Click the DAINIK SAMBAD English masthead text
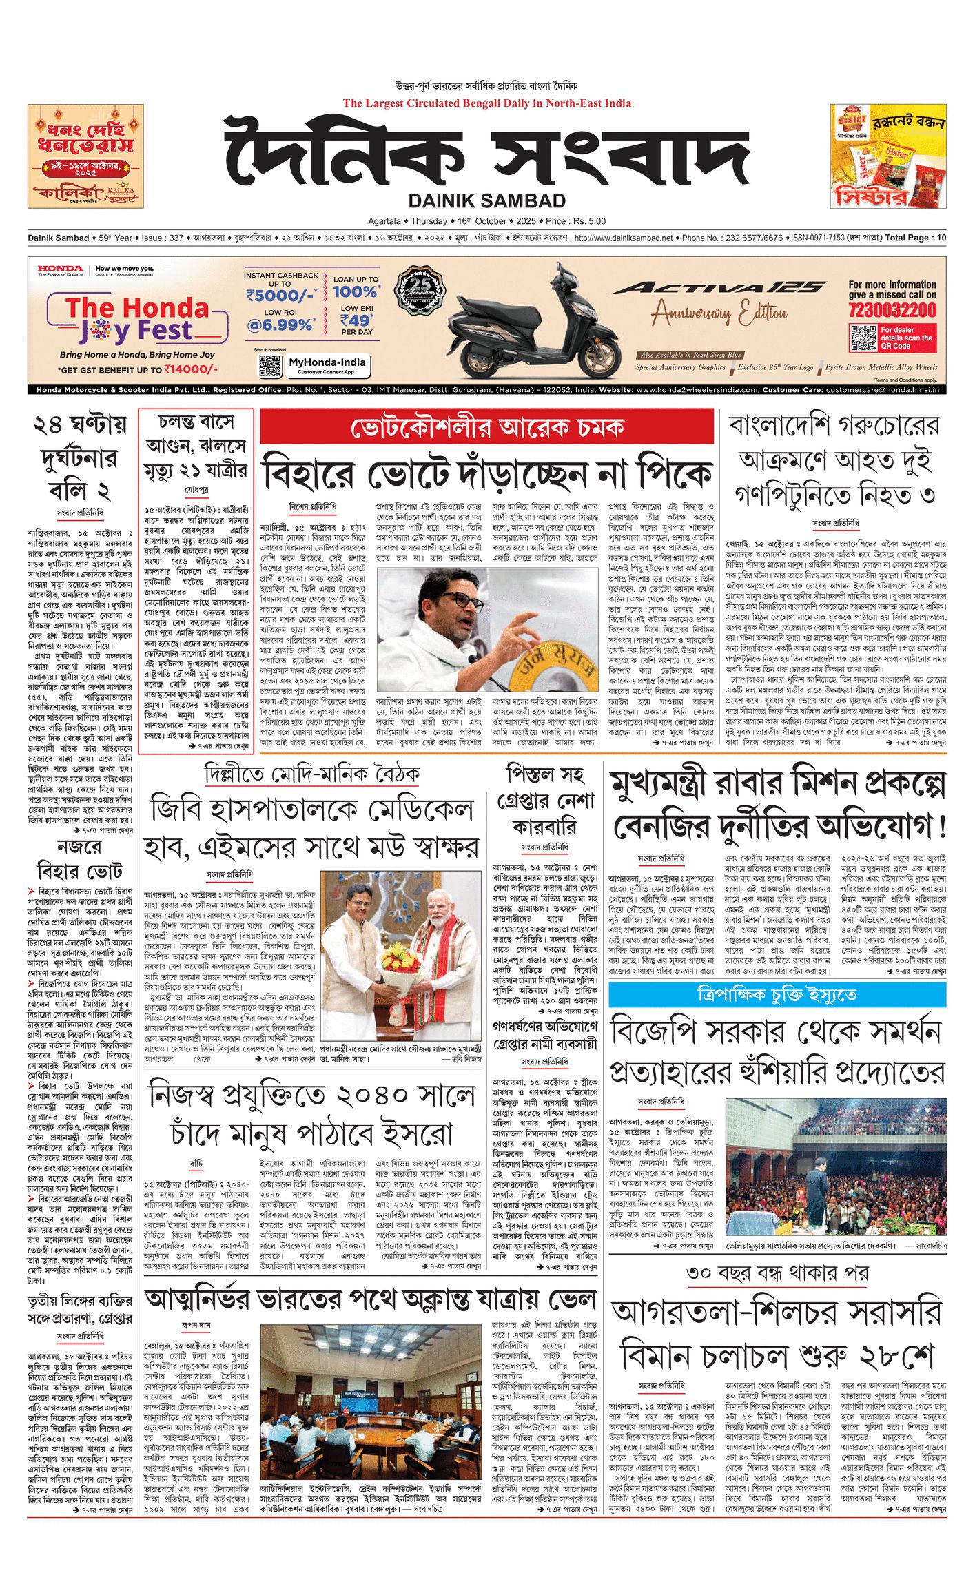486,201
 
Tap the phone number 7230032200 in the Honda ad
892,309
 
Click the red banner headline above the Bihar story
486,428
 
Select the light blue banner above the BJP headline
777,994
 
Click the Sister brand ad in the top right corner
887,156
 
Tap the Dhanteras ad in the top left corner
85,156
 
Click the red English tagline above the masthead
486,103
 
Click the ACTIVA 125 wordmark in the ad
718,287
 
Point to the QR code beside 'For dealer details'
863,338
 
